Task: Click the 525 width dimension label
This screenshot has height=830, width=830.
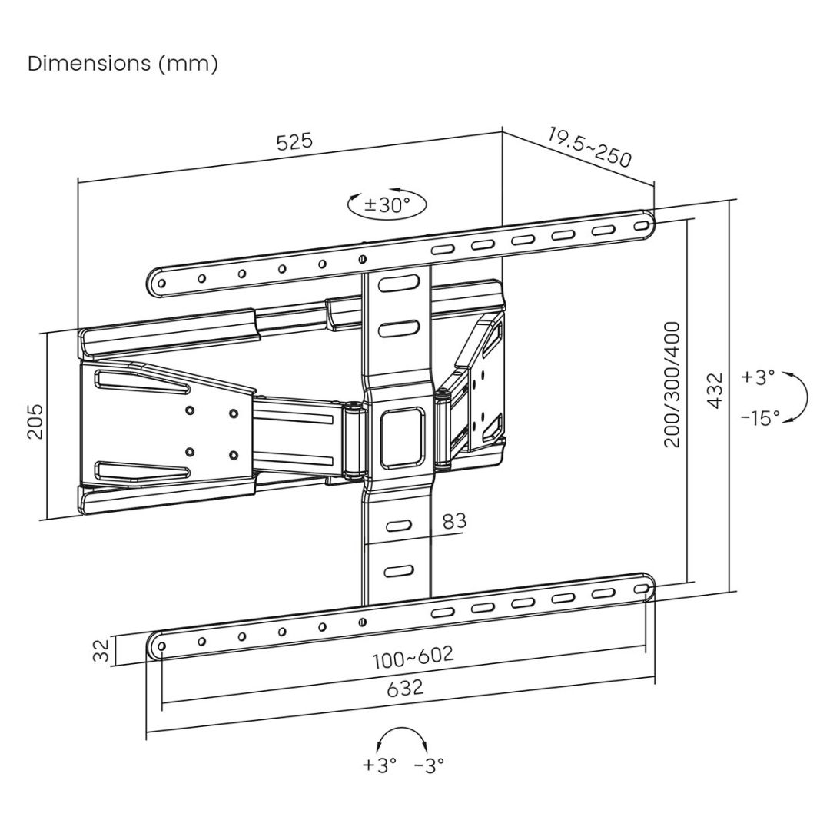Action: click(x=294, y=142)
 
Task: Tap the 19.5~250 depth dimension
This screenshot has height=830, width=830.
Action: click(x=589, y=148)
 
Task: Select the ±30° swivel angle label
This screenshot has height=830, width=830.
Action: click(x=387, y=204)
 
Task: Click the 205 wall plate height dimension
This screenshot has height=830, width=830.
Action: click(x=35, y=421)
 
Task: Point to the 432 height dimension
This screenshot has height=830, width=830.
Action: click(x=715, y=390)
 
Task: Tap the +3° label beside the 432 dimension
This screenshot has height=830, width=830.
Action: click(x=759, y=377)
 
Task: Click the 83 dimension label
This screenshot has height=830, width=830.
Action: click(x=454, y=520)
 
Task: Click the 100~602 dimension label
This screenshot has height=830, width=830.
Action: click(x=413, y=657)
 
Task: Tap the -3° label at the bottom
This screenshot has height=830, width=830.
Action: click(x=429, y=765)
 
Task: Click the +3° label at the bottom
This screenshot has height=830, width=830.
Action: click(x=380, y=765)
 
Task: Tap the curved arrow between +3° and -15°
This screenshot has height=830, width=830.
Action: click(x=801, y=396)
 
